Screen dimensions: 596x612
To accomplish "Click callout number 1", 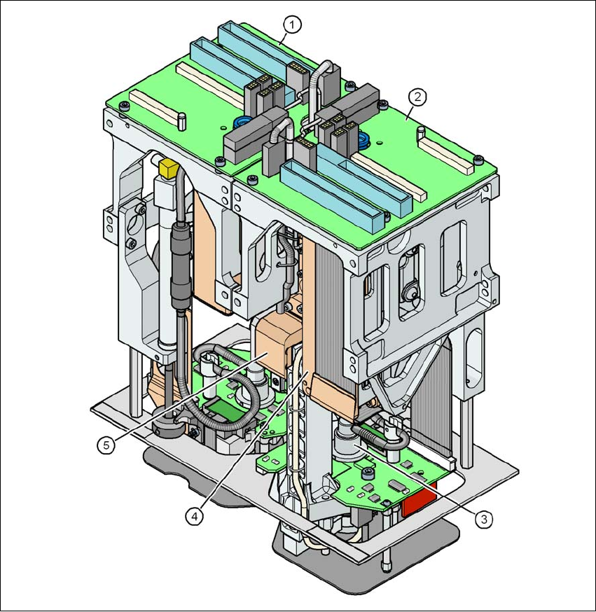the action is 292,25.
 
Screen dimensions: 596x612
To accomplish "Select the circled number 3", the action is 484,519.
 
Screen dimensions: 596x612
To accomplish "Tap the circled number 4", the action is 195,516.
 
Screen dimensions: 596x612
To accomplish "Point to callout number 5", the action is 106,445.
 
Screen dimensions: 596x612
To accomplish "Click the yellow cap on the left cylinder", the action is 169,168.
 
